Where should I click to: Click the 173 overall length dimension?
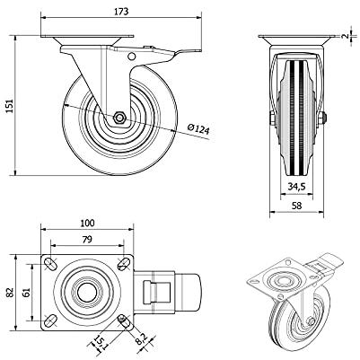coord(121,12)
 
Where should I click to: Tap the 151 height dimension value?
coord(10,106)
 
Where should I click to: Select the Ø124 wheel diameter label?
coord(198,128)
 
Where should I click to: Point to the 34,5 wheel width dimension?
coord(296,187)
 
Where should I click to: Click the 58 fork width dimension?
coord(297,206)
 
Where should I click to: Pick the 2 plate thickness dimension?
coord(346,36)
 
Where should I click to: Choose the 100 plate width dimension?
coord(87,223)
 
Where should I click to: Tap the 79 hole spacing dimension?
coord(87,240)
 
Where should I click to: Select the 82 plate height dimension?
coord(11,293)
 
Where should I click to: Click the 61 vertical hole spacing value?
coord(27,293)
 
